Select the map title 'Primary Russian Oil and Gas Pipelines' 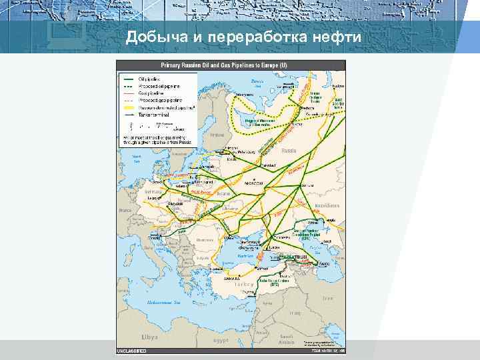(x=223, y=65)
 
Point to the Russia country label (x=288, y=151)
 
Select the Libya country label (x=149, y=337)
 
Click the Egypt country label (x=221, y=340)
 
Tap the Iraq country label (x=294, y=313)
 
